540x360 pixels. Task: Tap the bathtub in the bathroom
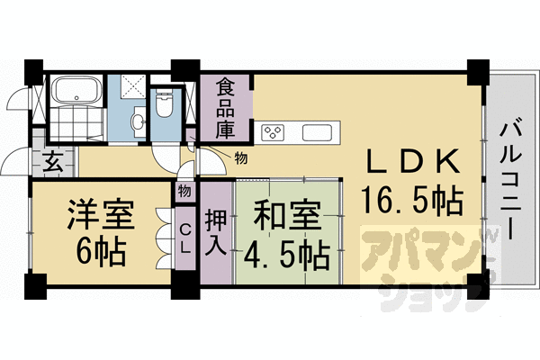[76, 91]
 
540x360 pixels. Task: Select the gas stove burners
[273, 134]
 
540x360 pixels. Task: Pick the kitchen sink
[320, 134]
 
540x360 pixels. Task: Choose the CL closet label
[184, 233]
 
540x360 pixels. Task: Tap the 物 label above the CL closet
[184, 191]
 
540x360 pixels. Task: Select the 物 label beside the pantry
[240, 159]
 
